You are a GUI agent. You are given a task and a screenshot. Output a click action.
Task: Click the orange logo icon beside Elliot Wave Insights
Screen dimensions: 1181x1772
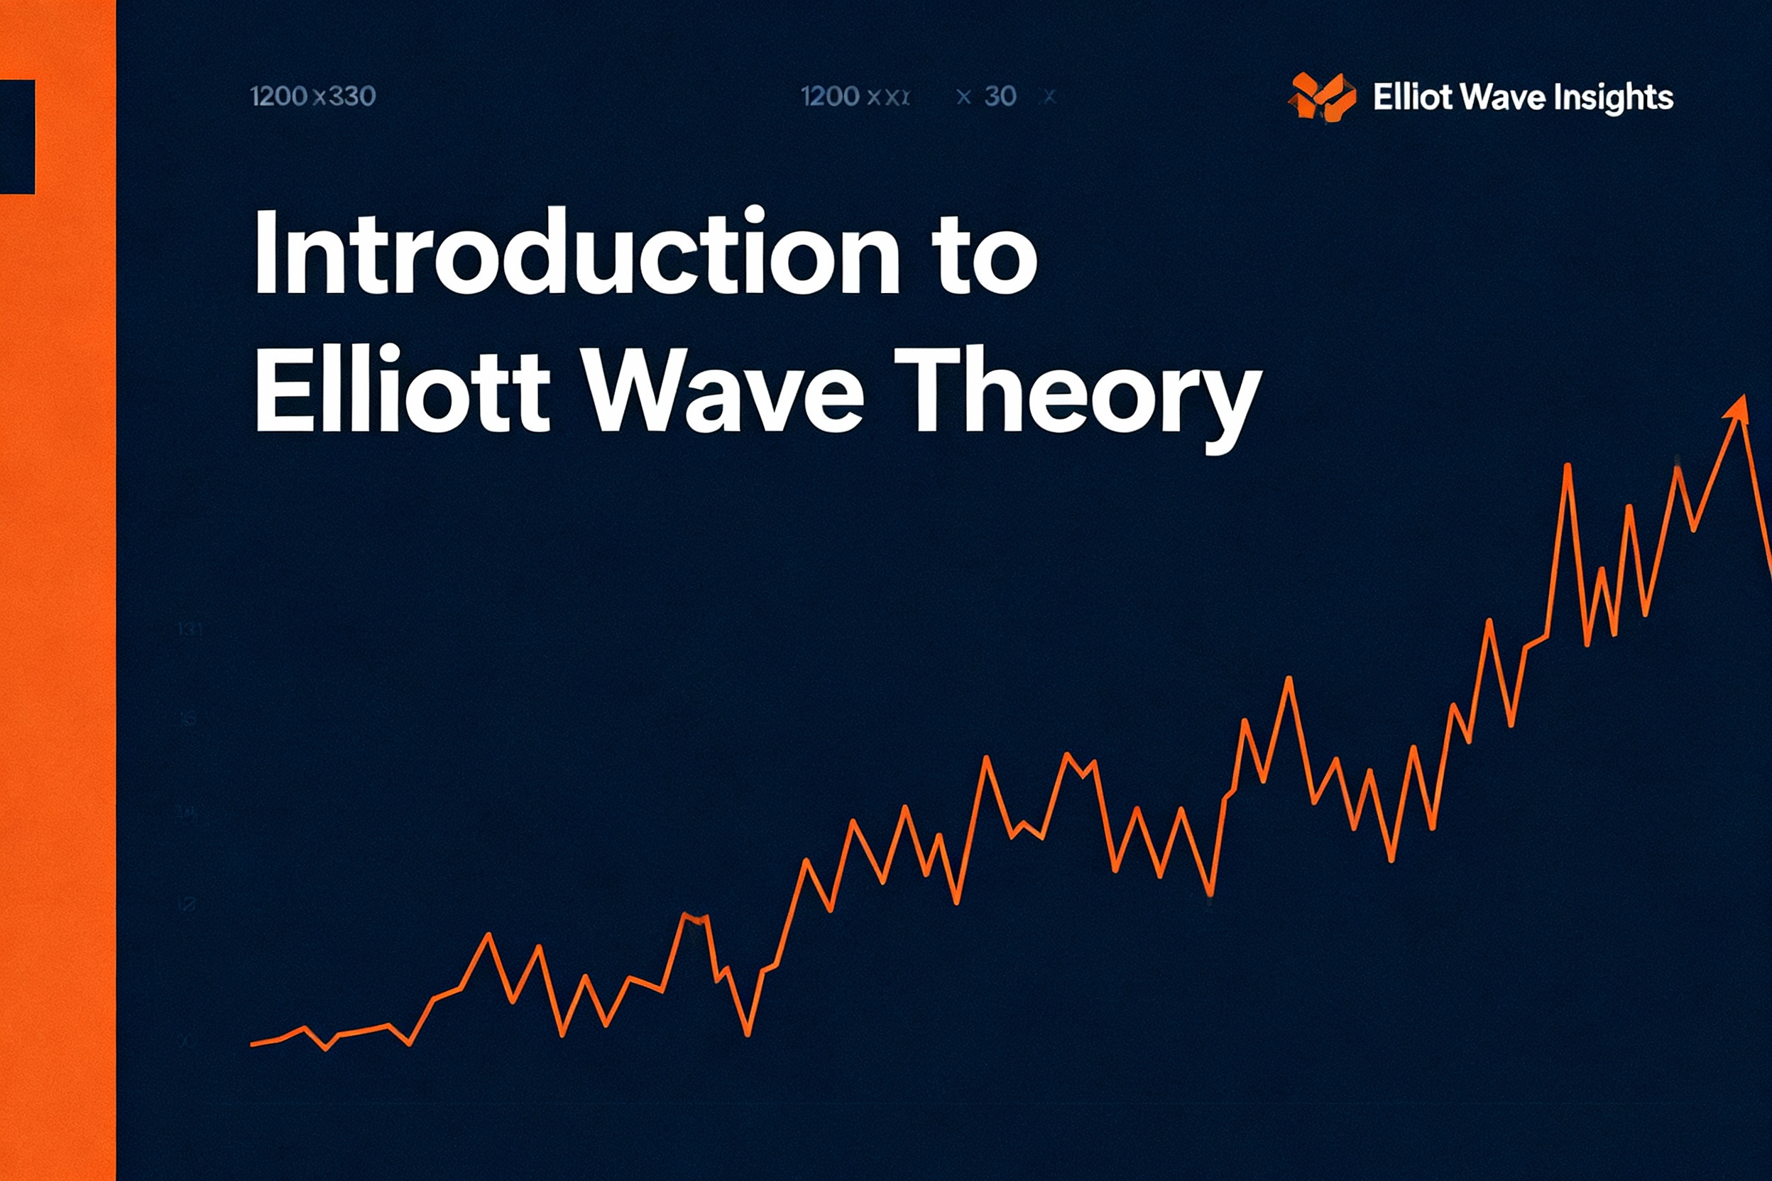click(x=1321, y=97)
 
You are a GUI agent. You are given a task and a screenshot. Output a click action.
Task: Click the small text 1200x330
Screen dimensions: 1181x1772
click(x=312, y=97)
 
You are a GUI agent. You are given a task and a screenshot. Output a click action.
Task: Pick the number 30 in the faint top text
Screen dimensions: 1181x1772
click(x=1000, y=97)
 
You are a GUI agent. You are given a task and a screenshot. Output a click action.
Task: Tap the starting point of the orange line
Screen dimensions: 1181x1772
click(x=253, y=1044)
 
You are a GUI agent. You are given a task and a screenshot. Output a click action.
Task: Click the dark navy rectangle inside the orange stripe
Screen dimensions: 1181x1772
click(x=16, y=136)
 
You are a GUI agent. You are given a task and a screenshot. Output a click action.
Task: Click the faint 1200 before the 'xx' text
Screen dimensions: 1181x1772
click(x=829, y=97)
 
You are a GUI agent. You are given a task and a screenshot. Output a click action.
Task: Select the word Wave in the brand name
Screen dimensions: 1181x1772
click(x=1502, y=97)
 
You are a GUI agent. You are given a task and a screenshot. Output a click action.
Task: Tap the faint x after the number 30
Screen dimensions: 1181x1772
click(x=1049, y=97)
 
